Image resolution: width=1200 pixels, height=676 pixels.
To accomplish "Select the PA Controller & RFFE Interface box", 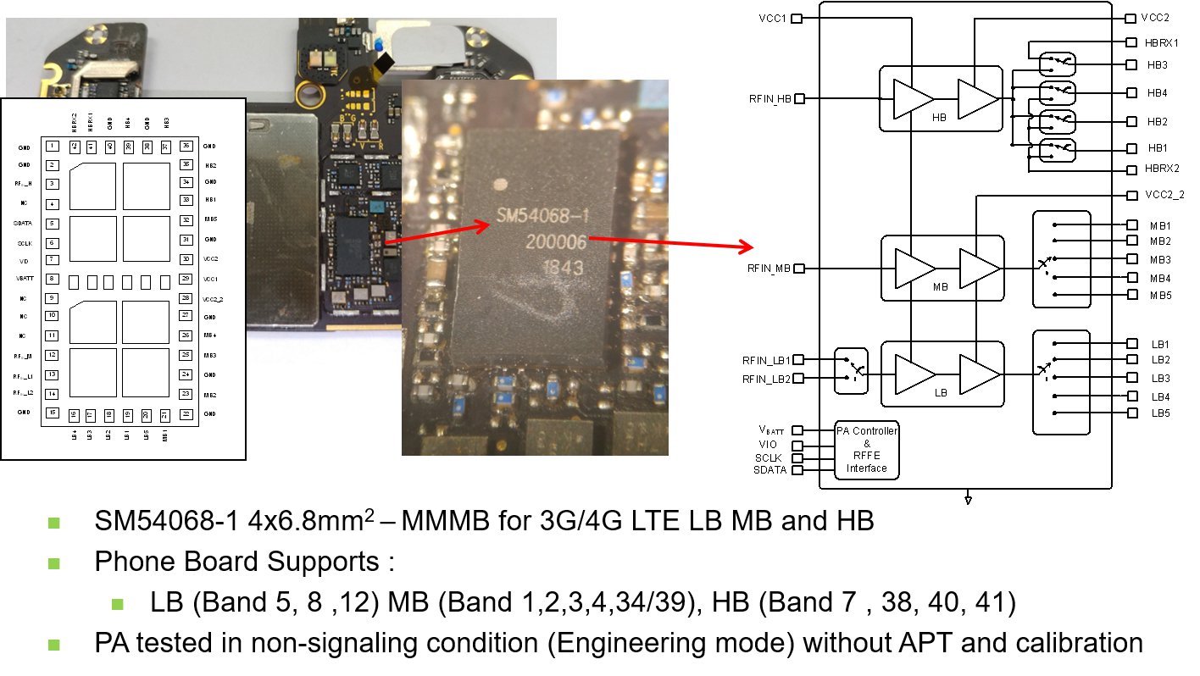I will pyautogui.click(x=866, y=449).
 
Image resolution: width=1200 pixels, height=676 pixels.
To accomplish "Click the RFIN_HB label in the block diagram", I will pyautogui.click(x=769, y=99).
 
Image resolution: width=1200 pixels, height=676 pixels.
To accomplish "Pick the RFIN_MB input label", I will pyautogui.click(x=769, y=269).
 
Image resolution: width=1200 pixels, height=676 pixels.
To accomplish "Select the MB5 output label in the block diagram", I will pyautogui.click(x=1159, y=295).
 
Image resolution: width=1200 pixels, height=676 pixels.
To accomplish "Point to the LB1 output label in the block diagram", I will pyautogui.click(x=1159, y=344).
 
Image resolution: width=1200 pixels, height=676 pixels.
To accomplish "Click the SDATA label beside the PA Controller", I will pyautogui.click(x=769, y=470).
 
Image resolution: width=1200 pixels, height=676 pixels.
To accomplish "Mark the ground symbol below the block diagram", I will pyautogui.click(x=968, y=500).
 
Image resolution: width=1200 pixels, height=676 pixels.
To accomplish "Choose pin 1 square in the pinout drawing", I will pyautogui.click(x=53, y=147).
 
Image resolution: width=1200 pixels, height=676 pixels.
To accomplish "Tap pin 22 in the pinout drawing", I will pyautogui.click(x=186, y=413).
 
